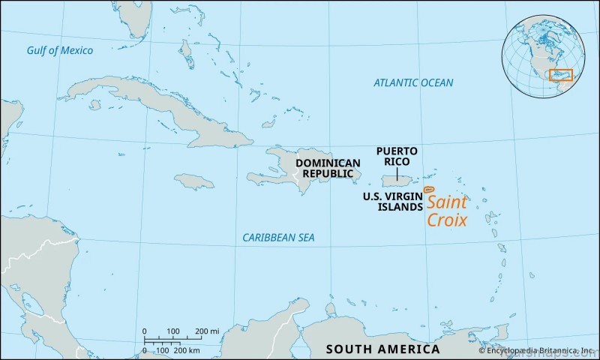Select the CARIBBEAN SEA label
click(278, 238)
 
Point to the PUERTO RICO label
click(397, 156)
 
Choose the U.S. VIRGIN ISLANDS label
click(392, 202)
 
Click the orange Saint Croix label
click(447, 211)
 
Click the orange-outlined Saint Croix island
click(428, 190)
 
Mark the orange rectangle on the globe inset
click(561, 75)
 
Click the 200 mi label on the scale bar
click(208, 331)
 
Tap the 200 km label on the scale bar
click(187, 350)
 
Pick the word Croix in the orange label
click(447, 220)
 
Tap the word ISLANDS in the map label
click(398, 207)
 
